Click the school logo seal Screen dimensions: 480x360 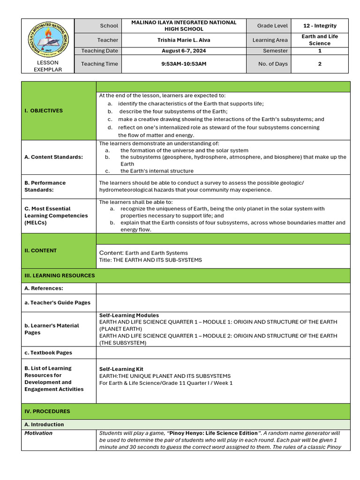point(48,38)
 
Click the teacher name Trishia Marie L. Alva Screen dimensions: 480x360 point(184,40)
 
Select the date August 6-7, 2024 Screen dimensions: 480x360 point(184,51)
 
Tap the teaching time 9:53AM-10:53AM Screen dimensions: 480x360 point(184,64)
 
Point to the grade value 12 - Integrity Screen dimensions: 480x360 point(319,25)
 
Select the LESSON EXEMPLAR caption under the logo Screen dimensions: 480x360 point(47,66)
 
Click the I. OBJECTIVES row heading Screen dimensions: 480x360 point(44,111)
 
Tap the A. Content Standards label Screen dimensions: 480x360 point(53,157)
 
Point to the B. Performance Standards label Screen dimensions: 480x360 point(45,186)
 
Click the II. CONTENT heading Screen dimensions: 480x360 point(40,250)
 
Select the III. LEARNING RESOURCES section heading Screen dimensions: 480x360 point(60,276)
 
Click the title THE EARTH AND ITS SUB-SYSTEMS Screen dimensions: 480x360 point(150,260)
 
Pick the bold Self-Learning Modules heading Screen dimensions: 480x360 point(129,315)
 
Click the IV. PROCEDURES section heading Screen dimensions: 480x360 point(47,411)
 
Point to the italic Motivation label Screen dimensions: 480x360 point(38,433)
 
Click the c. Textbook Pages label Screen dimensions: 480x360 point(48,352)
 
